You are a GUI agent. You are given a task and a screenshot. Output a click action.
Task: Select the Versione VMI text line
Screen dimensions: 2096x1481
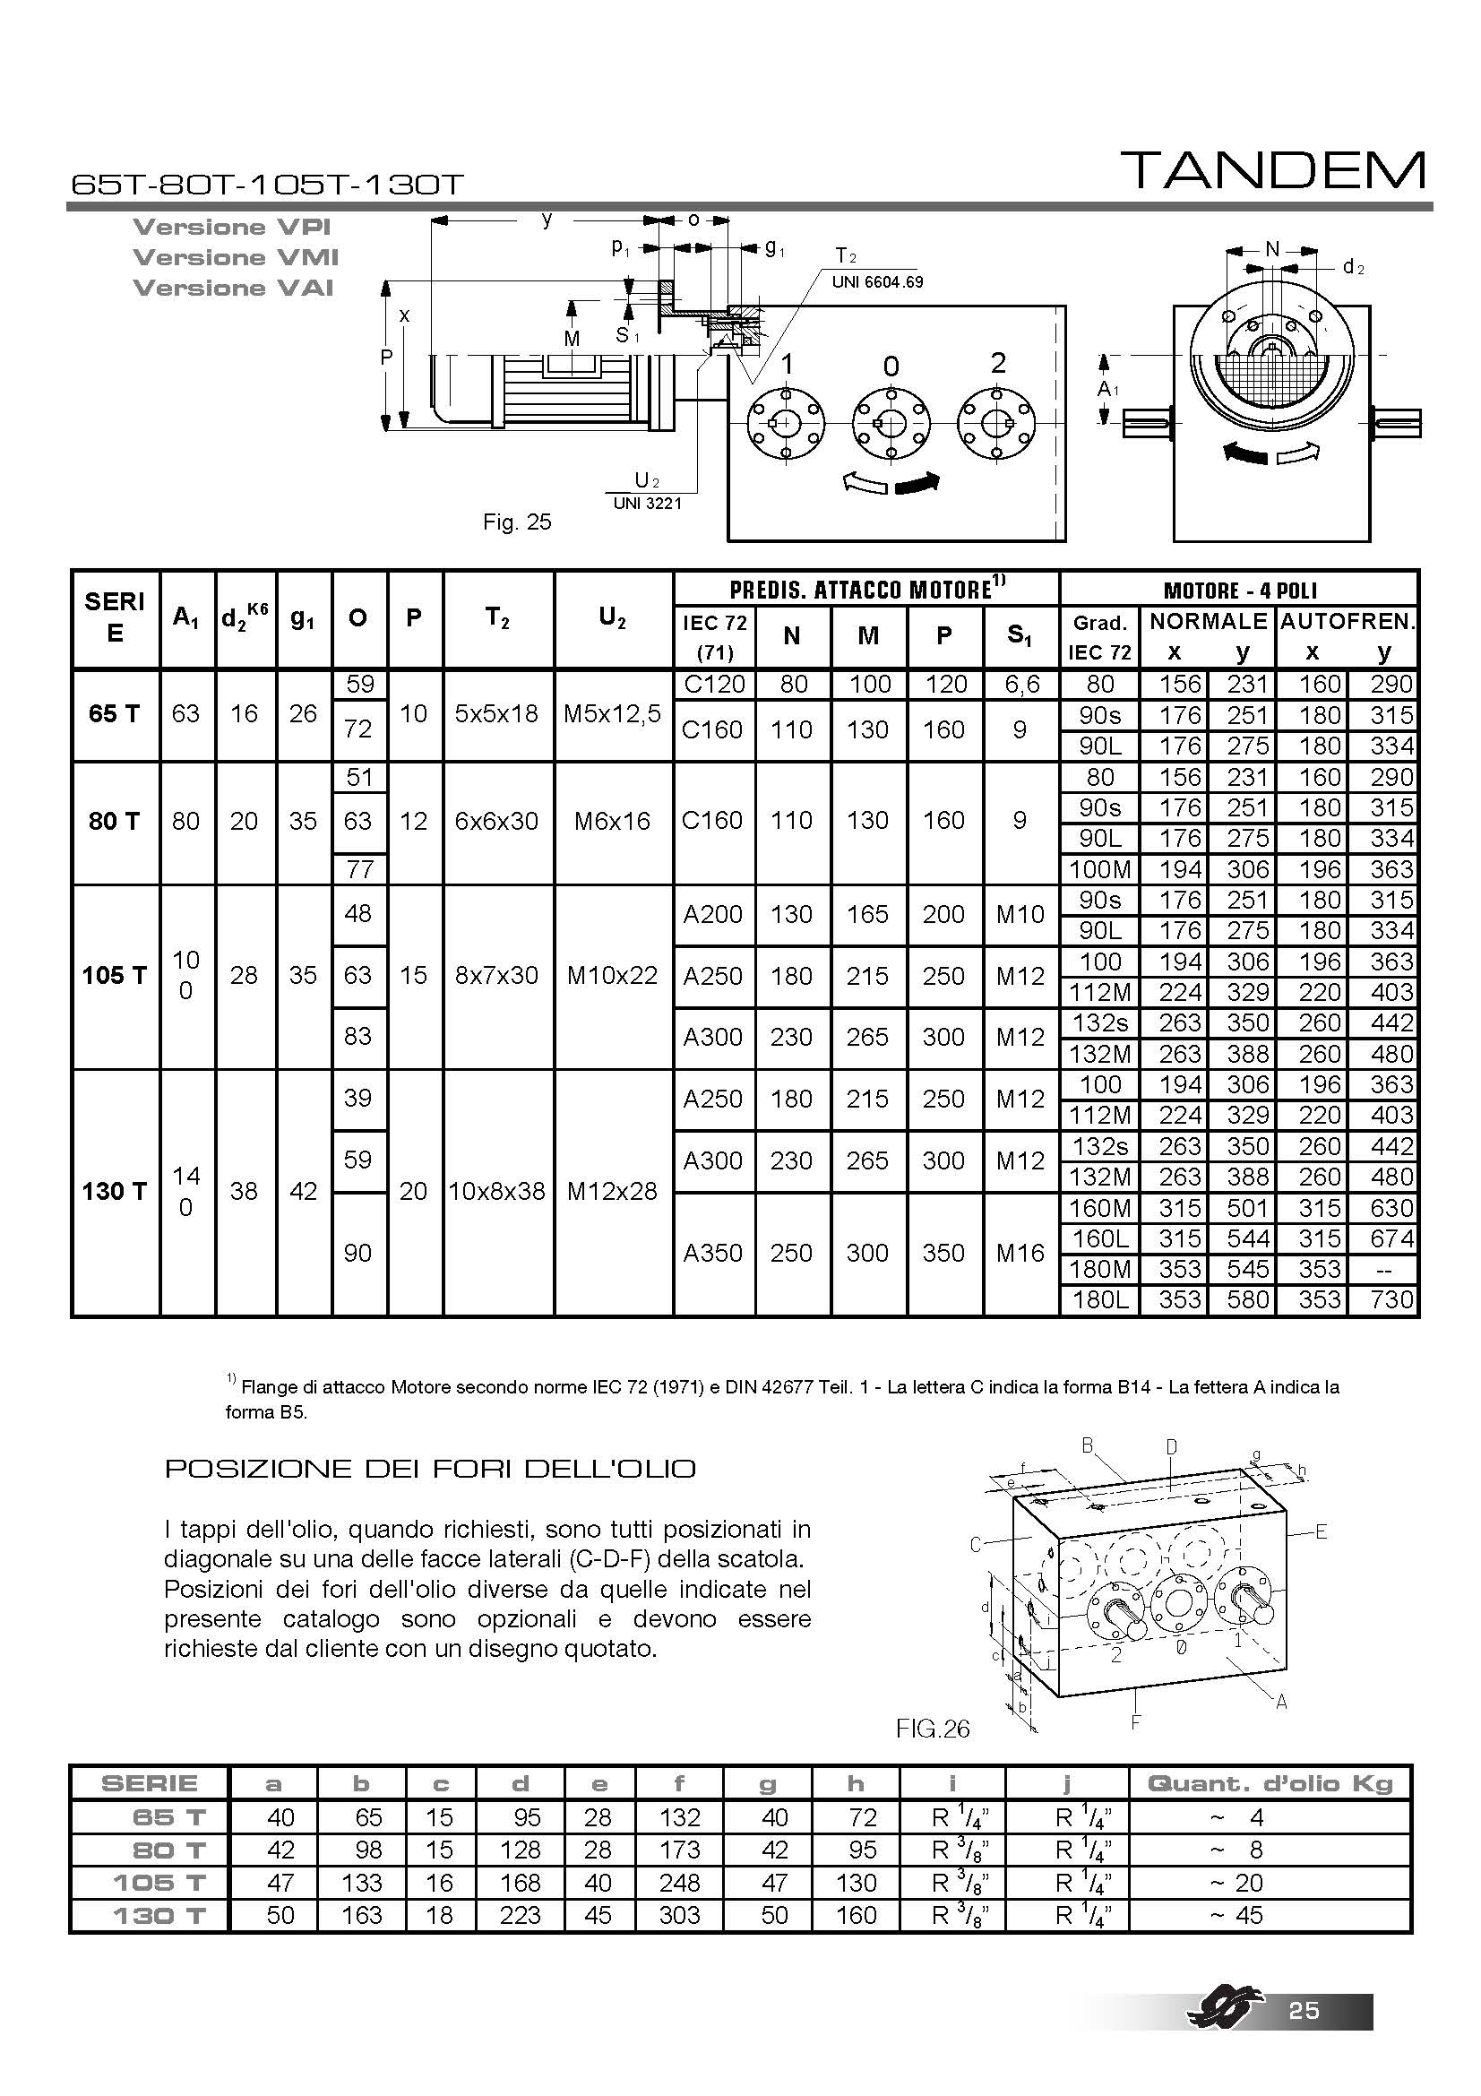[236, 257]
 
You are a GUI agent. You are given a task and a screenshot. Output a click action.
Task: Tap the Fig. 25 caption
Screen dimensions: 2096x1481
[517, 522]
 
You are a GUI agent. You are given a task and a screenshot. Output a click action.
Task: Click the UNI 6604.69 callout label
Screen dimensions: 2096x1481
[877, 282]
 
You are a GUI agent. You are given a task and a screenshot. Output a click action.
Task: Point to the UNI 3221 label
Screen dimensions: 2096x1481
[647, 503]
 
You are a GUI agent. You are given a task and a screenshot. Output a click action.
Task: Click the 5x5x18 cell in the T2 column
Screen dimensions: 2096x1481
[497, 714]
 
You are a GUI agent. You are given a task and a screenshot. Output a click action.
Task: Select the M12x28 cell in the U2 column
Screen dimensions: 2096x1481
[612, 1191]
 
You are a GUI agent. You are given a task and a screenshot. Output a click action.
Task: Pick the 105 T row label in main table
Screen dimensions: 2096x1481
[114, 975]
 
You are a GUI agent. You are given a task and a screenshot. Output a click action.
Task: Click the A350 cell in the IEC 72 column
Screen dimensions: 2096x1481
[713, 1253]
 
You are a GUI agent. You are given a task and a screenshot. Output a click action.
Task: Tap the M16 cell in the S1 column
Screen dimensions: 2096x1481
[1020, 1253]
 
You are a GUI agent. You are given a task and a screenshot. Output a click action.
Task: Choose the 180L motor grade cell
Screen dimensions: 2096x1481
[1099, 1299]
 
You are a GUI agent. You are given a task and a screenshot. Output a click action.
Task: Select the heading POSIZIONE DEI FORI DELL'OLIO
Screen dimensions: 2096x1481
[430, 1469]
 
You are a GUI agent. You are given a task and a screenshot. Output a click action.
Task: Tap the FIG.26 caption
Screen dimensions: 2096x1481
[932, 1728]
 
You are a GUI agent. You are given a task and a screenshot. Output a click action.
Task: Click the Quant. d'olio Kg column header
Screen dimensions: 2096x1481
[1270, 1783]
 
